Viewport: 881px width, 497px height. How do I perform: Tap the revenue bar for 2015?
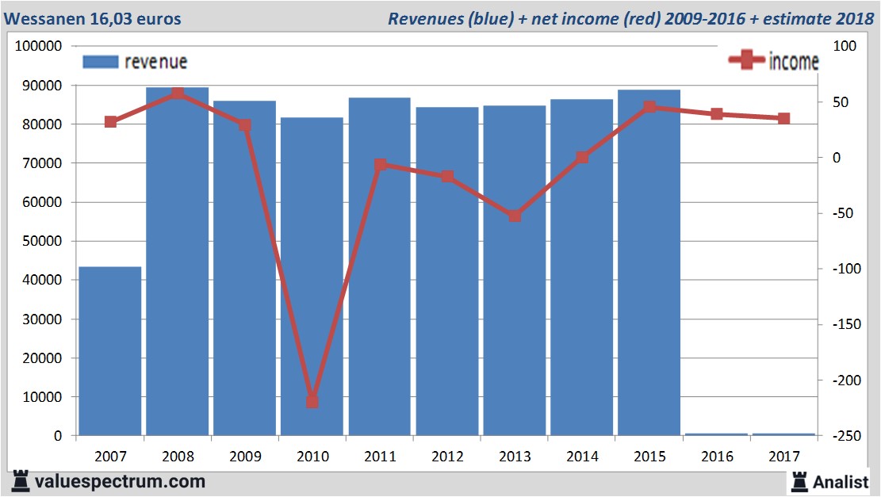point(649,262)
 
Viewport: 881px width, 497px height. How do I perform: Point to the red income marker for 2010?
point(312,401)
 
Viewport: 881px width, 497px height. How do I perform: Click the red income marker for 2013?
point(515,216)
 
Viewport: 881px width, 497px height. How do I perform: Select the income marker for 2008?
point(178,94)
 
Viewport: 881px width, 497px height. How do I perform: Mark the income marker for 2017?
point(783,118)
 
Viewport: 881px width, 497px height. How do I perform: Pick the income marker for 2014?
point(582,157)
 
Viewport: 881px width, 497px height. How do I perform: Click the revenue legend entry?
point(135,62)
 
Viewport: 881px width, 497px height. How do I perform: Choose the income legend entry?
point(773,61)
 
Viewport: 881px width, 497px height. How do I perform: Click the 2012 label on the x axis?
point(447,457)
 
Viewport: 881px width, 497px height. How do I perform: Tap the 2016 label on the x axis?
point(717,457)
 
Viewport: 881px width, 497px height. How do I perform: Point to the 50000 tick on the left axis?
point(40,241)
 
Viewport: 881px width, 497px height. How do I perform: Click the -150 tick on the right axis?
point(842,324)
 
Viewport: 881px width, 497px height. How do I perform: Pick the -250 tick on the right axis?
point(842,436)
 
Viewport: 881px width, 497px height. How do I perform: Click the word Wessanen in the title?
point(46,18)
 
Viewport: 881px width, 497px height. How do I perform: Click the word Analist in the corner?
point(841,481)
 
